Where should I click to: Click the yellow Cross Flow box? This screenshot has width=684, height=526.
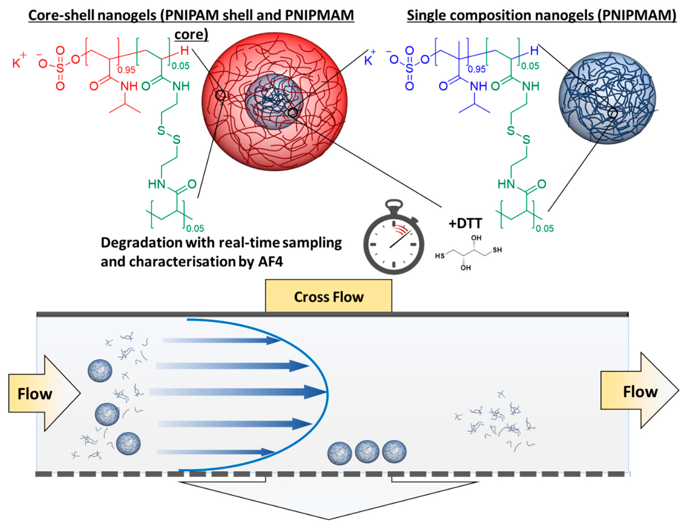[x=328, y=296]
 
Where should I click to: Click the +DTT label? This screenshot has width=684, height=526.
[x=465, y=223]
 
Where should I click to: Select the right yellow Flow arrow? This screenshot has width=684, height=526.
[x=639, y=391]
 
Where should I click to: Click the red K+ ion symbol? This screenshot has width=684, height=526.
[x=19, y=61]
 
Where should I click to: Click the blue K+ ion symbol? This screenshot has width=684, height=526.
[x=369, y=59]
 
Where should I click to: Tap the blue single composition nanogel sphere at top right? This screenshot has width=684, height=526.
[x=607, y=98]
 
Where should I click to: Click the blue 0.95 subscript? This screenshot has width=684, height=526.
[x=476, y=69]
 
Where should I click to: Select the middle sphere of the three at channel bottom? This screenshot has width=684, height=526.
[x=367, y=451]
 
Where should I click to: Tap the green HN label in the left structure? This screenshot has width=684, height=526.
[x=157, y=184]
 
